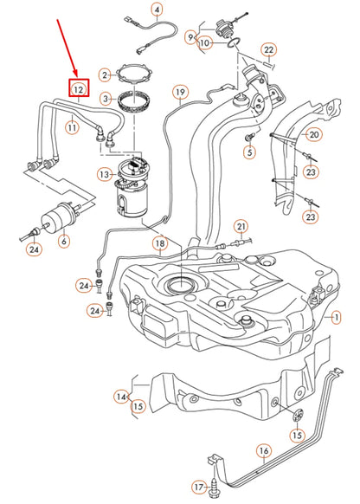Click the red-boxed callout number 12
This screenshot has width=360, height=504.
point(79,88)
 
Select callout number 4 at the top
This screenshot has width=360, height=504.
point(156,10)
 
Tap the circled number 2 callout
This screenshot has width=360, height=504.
point(105,76)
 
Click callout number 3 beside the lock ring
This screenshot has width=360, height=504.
point(105,100)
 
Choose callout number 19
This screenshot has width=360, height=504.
point(180,91)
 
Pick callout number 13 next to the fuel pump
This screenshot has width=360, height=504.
point(105,175)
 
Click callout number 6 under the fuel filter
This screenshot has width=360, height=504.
point(63,242)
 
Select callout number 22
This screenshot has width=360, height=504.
point(268,49)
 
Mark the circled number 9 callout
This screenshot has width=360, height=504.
point(190,36)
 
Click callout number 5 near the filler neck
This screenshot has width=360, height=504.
point(250,153)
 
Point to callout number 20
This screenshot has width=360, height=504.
point(313,134)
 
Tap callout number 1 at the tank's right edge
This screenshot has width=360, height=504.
point(335,319)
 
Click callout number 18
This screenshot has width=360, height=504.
point(159,245)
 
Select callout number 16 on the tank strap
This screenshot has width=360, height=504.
point(264,450)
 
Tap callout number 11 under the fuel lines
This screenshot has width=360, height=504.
point(72,127)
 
